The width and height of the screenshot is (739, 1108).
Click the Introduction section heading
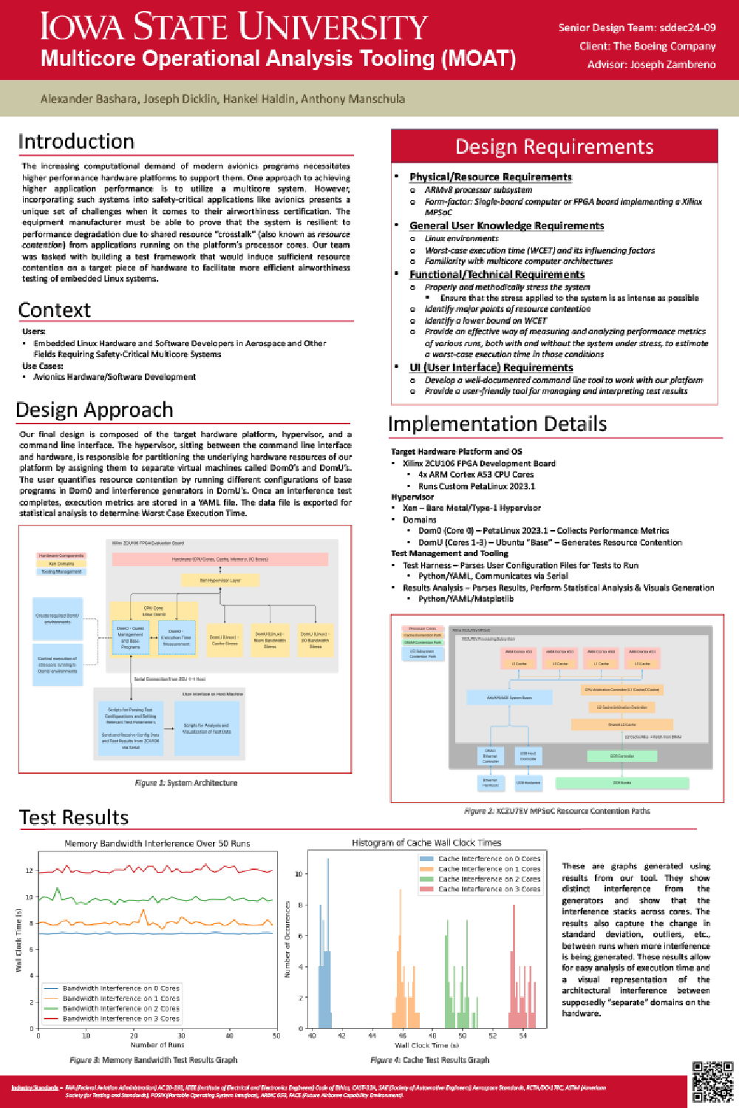point(76,142)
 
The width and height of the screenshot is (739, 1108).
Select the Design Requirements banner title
point(554,146)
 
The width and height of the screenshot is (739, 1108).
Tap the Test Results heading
point(74,818)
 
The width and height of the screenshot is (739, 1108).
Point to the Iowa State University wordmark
point(234,27)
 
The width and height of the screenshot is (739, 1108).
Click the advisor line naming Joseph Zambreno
point(651,64)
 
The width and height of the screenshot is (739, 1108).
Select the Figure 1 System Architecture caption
point(186,783)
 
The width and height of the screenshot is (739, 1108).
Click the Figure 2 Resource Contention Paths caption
point(557,811)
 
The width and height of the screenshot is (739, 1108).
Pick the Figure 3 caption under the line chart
point(154,1060)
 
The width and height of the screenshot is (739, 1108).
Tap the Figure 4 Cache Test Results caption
point(429,1060)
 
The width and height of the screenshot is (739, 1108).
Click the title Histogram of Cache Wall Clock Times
point(426,843)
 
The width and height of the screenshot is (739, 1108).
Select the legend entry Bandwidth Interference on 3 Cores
point(120,1019)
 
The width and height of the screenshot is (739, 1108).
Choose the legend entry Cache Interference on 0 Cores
point(489,859)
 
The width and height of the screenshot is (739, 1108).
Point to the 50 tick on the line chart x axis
point(276,1036)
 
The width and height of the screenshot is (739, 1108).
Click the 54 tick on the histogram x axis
point(523,1036)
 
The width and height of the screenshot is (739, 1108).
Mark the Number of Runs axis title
point(157,1045)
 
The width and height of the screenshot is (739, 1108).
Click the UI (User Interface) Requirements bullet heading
point(491,367)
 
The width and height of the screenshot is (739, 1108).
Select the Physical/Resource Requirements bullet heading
point(491,177)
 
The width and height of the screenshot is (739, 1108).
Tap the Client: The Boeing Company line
point(647,46)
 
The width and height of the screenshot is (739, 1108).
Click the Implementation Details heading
point(497,424)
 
